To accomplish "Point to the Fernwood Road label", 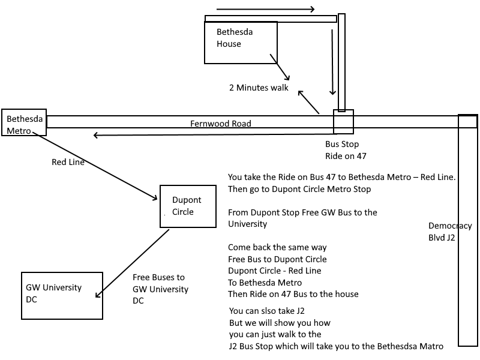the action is [221, 124].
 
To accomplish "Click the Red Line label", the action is [68, 162].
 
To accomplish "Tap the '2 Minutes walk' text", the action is [259, 88].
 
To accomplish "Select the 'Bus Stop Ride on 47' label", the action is [346, 150].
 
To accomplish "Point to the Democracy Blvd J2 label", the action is [450, 232].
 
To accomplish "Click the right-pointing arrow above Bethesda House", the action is [265, 9].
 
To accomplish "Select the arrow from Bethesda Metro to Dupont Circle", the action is [95, 166].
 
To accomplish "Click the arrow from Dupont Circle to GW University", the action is [132, 263].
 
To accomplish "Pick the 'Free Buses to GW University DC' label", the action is [160, 289].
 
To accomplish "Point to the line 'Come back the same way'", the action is [277, 247].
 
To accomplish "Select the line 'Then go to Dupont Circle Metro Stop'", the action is [299, 189].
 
